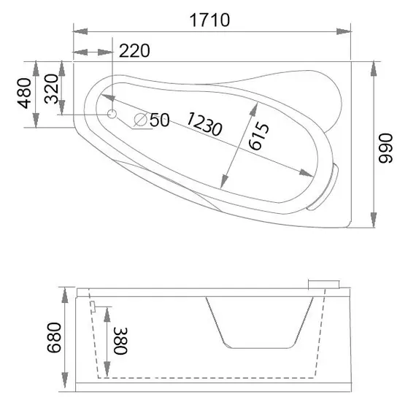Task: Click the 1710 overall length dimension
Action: [x=209, y=20]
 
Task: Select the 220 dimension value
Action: [x=134, y=51]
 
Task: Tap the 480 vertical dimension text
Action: [x=24, y=93]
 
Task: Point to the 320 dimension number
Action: [x=51, y=88]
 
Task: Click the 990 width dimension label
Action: [x=385, y=148]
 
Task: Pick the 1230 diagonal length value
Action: [x=204, y=124]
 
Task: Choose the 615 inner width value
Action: [x=259, y=136]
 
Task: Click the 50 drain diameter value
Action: [x=159, y=120]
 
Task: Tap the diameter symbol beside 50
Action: [x=141, y=120]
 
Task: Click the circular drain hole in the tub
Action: [x=112, y=115]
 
